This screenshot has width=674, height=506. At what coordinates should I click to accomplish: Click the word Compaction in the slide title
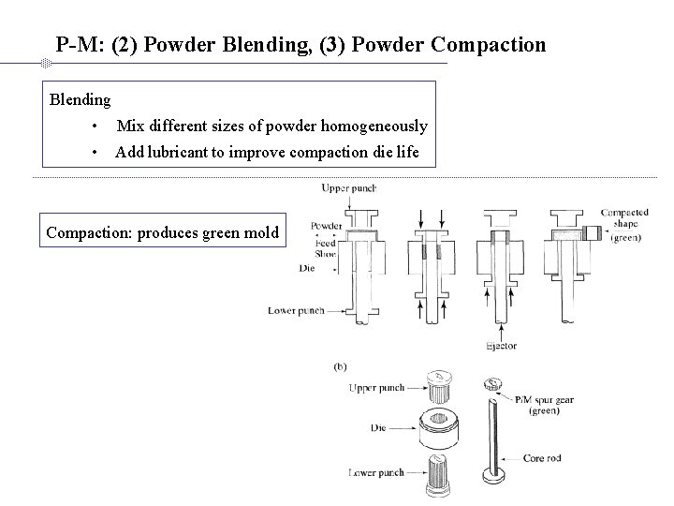[492, 43]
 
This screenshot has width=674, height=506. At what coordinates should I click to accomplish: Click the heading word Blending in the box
[80, 99]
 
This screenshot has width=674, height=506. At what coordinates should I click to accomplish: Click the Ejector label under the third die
[502, 345]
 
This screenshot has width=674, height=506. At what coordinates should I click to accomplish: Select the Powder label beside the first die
[326, 226]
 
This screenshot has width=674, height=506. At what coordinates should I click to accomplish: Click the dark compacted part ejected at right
[590, 232]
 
